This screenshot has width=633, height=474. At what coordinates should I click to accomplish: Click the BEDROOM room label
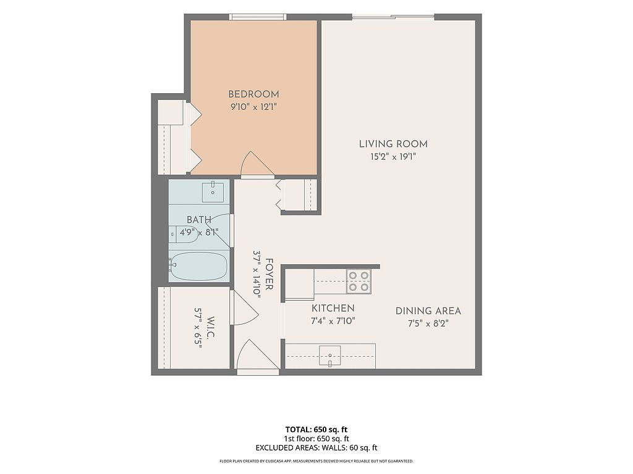click(x=253, y=94)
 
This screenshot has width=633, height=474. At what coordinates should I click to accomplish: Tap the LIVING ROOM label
click(x=393, y=144)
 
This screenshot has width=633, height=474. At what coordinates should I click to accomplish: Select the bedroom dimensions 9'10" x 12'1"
click(x=253, y=107)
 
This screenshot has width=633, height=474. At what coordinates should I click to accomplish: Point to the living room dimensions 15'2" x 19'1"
click(x=393, y=157)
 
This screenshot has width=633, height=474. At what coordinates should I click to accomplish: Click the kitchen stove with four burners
click(x=359, y=281)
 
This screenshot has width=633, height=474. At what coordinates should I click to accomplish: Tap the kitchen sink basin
click(x=330, y=355)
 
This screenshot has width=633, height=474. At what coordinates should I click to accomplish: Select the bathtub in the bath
click(x=198, y=267)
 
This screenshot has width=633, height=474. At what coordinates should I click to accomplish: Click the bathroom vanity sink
click(x=213, y=192)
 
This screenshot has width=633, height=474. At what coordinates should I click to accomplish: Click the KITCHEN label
click(x=333, y=309)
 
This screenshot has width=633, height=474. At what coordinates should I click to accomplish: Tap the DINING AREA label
click(x=428, y=311)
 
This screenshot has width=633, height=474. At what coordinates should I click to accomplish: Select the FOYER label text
click(x=270, y=275)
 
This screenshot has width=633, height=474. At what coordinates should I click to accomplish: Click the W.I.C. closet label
click(x=210, y=328)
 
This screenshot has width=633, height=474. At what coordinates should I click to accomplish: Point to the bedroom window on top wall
click(x=258, y=17)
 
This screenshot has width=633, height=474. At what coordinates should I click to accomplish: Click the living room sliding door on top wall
click(x=393, y=17)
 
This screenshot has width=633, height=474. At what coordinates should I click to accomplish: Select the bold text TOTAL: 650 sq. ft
click(x=316, y=430)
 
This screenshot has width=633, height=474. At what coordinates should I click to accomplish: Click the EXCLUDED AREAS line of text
click(x=316, y=448)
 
